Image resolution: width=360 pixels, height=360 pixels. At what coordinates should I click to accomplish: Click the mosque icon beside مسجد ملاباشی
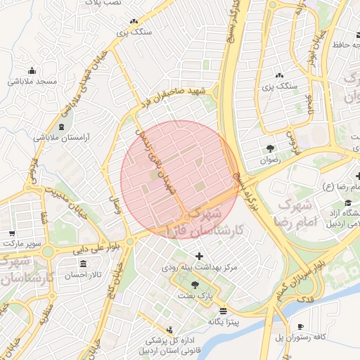[x=32, y=70]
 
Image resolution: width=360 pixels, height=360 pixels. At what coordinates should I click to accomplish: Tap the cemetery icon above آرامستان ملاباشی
[x=64, y=127]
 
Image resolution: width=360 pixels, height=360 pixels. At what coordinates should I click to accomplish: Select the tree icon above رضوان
[x=270, y=148]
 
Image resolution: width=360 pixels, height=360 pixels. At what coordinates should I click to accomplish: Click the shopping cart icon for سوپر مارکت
[x=12, y=233]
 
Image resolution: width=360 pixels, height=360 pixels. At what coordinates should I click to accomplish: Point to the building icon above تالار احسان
[x=84, y=264]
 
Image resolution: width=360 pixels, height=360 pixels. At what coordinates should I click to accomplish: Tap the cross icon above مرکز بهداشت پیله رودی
[x=199, y=256]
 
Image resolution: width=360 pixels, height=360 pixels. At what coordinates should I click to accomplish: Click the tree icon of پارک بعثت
[x=195, y=285]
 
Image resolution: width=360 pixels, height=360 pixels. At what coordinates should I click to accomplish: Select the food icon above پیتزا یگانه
[x=224, y=310]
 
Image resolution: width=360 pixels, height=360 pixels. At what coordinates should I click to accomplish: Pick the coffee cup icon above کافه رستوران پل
[x=301, y=326]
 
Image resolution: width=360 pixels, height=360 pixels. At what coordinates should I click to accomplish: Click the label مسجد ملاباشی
[x=32, y=82]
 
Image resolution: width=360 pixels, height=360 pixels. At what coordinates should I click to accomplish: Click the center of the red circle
[x=180, y=180]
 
